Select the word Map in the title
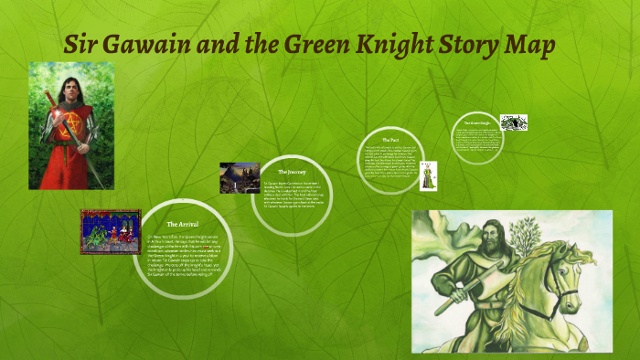pyautogui.click(x=531, y=45)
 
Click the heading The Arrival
pyautogui.click(x=183, y=224)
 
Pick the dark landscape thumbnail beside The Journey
pyautogui.click(x=240, y=177)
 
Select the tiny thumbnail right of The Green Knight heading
pyautogui.click(x=513, y=122)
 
